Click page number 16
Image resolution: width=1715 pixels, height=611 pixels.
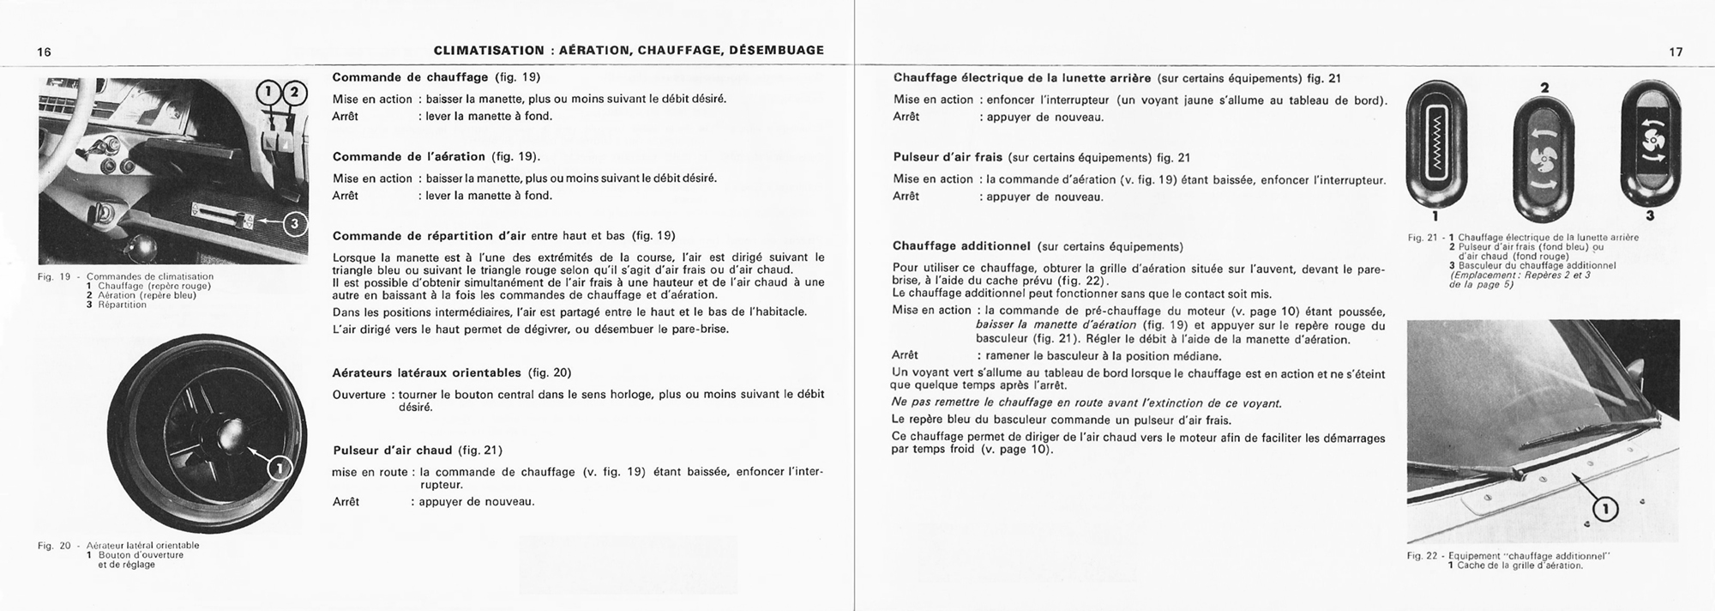(x=45, y=51)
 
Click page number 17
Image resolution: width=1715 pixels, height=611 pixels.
(x=1676, y=51)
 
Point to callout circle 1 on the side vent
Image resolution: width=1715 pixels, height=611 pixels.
(x=280, y=468)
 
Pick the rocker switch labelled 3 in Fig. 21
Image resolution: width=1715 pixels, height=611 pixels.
(x=1651, y=142)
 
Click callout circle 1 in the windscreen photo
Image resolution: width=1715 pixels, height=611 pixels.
(x=1605, y=510)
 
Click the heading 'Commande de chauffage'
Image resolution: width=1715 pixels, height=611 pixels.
(x=410, y=77)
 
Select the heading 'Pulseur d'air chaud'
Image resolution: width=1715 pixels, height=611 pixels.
(x=393, y=450)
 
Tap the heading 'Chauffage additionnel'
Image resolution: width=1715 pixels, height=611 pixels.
(x=961, y=246)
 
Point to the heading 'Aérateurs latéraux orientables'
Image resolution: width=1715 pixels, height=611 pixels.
(x=426, y=372)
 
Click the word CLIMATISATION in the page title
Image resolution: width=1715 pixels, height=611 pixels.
(x=489, y=51)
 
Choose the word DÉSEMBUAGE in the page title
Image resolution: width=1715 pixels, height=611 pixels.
(x=776, y=51)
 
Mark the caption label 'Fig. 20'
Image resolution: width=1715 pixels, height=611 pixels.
(x=53, y=546)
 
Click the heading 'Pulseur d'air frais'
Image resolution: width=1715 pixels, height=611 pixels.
(x=948, y=158)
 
